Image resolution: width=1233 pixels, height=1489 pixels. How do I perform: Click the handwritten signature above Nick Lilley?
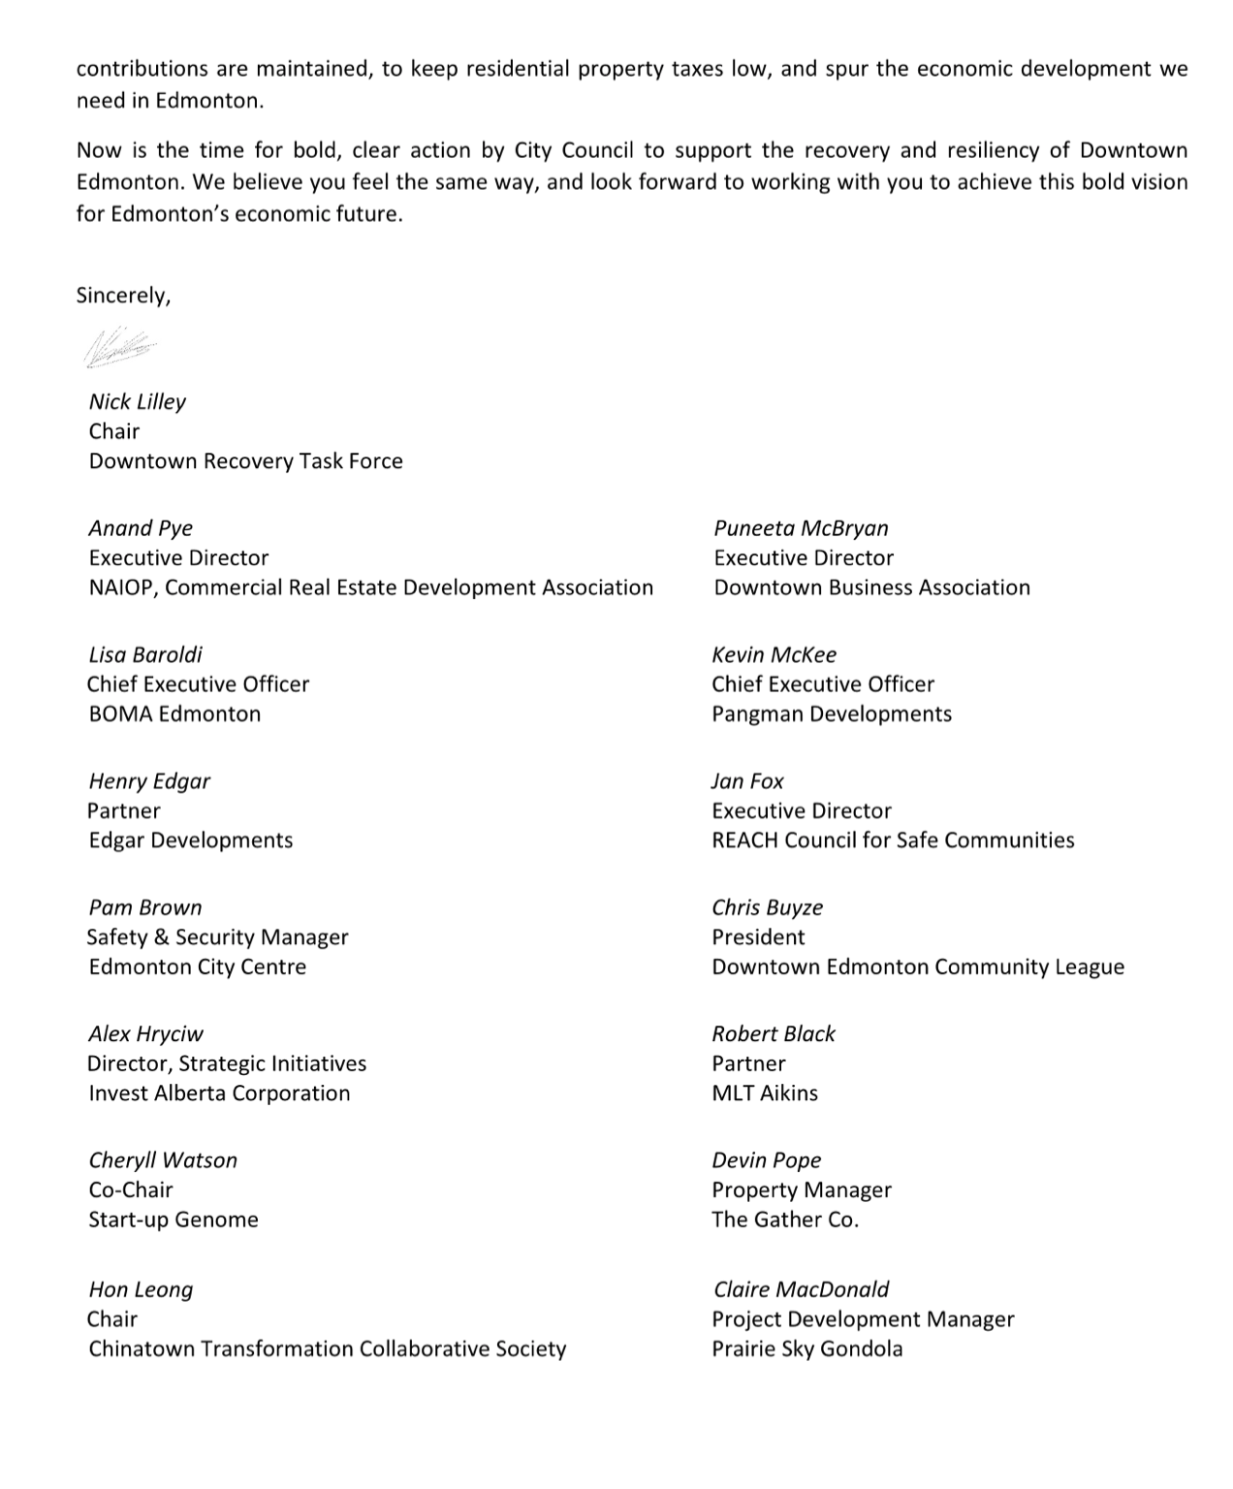tap(120, 347)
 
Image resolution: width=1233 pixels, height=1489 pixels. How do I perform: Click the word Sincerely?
tap(123, 296)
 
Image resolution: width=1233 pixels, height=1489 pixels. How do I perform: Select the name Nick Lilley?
tap(137, 401)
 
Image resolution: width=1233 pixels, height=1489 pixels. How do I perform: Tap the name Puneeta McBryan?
tap(801, 528)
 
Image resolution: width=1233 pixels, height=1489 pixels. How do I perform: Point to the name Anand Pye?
tap(141, 528)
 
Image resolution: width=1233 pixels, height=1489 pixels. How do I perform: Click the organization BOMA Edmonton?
tap(174, 714)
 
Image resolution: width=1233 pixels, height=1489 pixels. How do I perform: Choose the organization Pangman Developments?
tap(831, 714)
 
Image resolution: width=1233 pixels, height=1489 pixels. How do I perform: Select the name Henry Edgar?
tap(149, 781)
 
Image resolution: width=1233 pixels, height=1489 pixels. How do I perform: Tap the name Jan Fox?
tap(747, 781)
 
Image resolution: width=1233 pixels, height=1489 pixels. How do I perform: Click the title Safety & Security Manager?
tap(217, 937)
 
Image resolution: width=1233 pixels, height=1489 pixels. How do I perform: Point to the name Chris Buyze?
tap(767, 907)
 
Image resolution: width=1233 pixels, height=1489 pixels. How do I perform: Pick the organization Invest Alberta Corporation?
tap(219, 1093)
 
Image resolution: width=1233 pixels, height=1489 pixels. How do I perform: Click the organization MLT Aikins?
tap(764, 1093)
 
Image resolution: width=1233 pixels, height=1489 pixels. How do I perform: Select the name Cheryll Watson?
tap(163, 1160)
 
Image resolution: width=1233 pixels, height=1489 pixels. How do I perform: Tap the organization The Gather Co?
tap(785, 1220)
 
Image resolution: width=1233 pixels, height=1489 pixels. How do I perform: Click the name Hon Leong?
tap(141, 1289)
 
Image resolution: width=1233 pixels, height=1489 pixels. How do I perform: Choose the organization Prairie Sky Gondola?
tap(806, 1349)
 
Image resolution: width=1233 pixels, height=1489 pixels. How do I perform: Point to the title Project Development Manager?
tap(863, 1319)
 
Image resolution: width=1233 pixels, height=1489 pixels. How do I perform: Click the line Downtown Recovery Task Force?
tap(245, 461)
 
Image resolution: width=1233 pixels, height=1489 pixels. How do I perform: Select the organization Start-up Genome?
tap(174, 1220)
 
